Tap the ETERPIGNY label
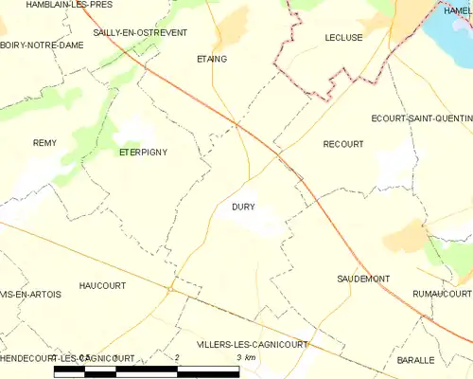pyautogui.click(x=143, y=152)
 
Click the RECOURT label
pyautogui.click(x=342, y=144)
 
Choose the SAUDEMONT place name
pyautogui.click(x=363, y=279)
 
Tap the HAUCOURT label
pyautogui.click(x=103, y=284)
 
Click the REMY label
pyautogui.click(x=44, y=143)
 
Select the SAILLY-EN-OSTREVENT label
pyautogui.click(x=131, y=32)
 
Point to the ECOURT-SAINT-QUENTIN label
pyautogui.click(x=422, y=118)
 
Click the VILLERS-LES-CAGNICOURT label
pyautogui.click(x=252, y=345)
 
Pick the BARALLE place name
pyautogui.click(x=416, y=360)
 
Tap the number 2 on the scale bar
pyautogui.click(x=177, y=355)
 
